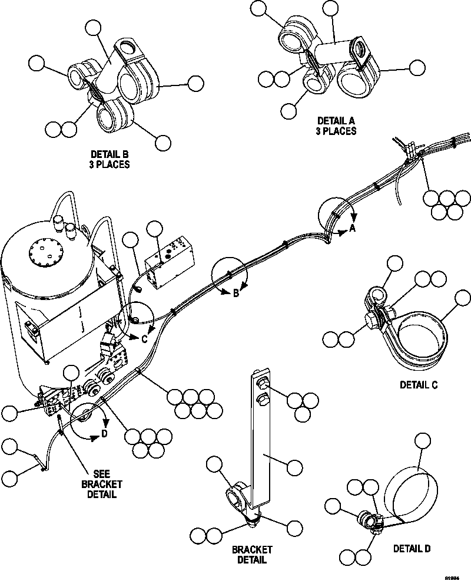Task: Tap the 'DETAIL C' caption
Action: point(419,385)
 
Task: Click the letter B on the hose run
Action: point(235,293)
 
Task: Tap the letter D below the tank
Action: point(104,434)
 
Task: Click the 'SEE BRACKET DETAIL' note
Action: point(98,483)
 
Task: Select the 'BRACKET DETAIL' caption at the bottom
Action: point(252,555)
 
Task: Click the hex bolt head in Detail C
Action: point(370,322)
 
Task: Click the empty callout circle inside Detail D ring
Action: point(424,442)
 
